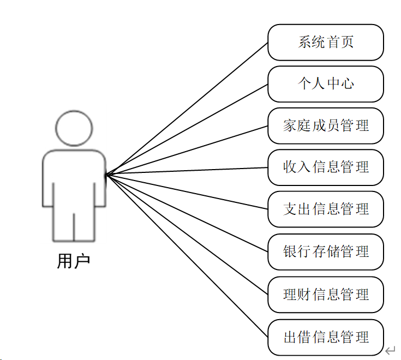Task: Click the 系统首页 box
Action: point(326,42)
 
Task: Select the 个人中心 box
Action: point(326,84)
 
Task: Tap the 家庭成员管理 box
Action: point(326,126)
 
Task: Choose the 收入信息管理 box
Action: point(326,167)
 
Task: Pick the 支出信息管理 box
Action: point(326,209)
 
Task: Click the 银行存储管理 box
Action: point(326,251)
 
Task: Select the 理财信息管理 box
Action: point(326,295)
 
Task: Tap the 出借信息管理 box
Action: point(326,337)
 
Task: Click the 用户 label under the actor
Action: point(74,261)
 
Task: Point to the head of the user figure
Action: point(74,129)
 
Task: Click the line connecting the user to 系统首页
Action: point(187,109)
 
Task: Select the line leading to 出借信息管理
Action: point(187,256)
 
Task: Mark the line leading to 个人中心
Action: point(187,130)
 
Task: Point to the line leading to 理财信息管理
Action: point(187,235)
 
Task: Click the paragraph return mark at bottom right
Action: point(390,350)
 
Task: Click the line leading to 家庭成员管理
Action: point(187,151)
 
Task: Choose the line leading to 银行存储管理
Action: point(187,213)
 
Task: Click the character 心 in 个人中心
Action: point(348,84)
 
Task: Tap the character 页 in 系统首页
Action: point(348,42)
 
